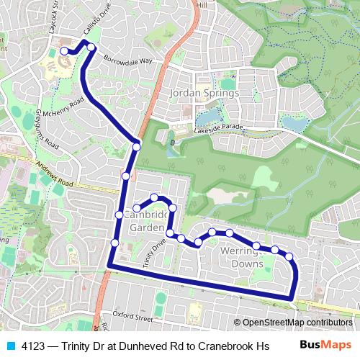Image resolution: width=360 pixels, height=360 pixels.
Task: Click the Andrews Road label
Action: (x=50, y=175)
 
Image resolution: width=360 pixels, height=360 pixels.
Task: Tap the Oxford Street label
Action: (x=132, y=315)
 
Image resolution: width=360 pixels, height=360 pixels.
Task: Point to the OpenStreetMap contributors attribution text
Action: (x=295, y=323)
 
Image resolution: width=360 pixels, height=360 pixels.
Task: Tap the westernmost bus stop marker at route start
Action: (x=64, y=51)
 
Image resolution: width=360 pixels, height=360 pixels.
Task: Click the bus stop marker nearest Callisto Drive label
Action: (x=91, y=47)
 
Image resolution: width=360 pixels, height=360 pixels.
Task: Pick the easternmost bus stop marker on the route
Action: (x=289, y=256)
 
